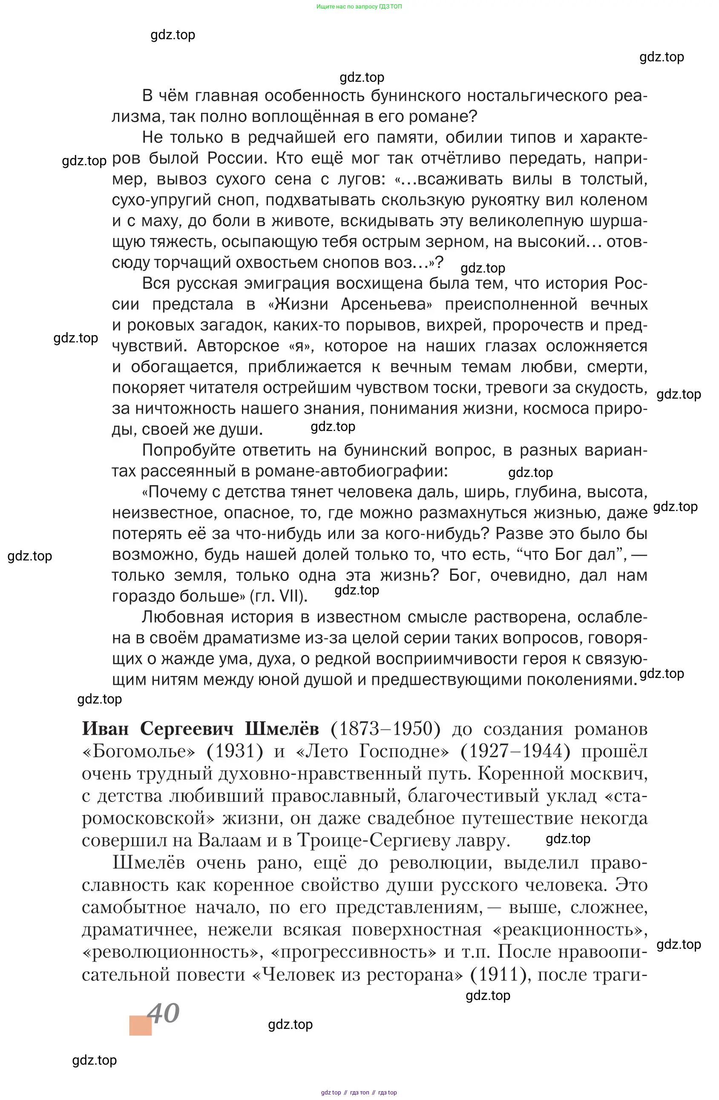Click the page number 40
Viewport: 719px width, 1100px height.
[163, 1013]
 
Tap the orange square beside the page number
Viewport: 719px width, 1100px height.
[141, 1025]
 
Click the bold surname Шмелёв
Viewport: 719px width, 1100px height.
[282, 729]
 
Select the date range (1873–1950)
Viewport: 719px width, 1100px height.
[385, 729]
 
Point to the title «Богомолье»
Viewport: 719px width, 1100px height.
[139, 752]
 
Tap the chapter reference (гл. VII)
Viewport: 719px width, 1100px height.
[278, 596]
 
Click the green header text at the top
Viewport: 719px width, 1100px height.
[359, 7]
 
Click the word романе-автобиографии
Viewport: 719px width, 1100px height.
[351, 471]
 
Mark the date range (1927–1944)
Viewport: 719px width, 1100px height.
[515, 752]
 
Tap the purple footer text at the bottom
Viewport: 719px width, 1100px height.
[359, 1093]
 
